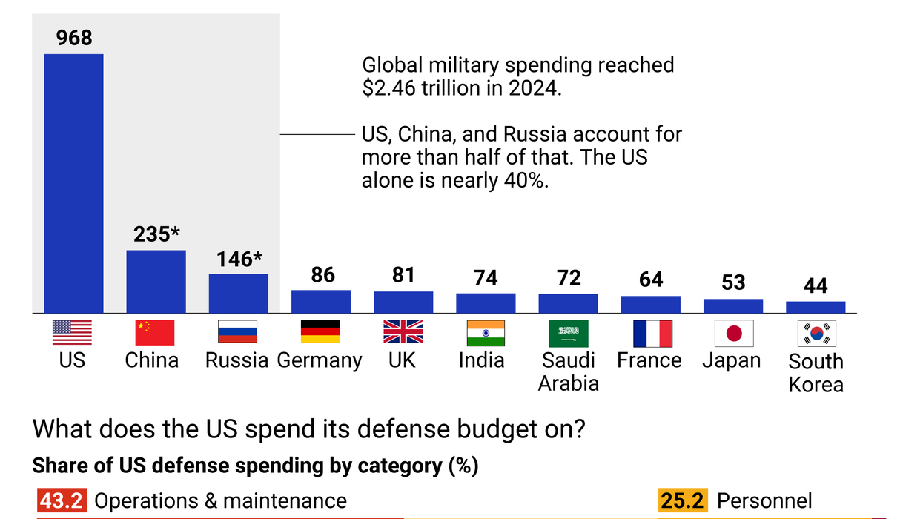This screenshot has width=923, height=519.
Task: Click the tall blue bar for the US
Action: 73,183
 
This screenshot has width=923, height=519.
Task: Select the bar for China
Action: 156,281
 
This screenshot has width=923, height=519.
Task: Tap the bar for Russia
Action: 238,293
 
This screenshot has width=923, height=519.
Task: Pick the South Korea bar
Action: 816,307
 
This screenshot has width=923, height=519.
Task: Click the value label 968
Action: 73,37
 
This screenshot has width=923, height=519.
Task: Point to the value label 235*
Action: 156,234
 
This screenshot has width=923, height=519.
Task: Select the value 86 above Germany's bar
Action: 321,275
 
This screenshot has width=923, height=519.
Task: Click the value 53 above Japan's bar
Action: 733,282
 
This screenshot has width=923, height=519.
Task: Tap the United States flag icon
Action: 73,333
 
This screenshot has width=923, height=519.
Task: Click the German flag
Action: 320,333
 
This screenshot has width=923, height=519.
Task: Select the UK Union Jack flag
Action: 403,333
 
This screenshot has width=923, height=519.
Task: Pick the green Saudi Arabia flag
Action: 568,334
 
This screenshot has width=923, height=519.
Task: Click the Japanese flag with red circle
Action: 733,334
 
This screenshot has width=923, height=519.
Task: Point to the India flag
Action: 486,333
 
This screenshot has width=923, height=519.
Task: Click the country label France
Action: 649,360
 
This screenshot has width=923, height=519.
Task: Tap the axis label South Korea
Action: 816,373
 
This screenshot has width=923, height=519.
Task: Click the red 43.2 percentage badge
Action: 62,501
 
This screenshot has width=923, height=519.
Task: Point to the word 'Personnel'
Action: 764,501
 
